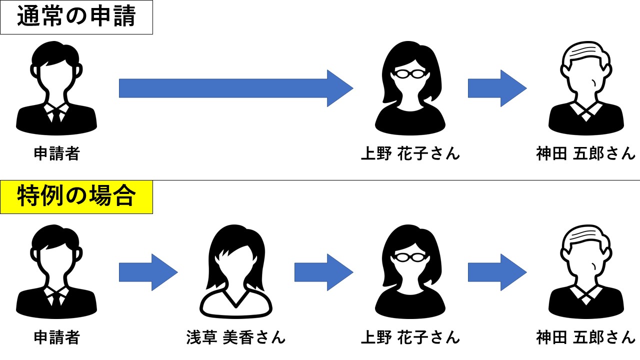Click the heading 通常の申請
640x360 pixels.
click(x=76, y=17)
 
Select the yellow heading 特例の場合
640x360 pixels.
click(x=76, y=196)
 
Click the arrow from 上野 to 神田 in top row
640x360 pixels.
click(x=497, y=88)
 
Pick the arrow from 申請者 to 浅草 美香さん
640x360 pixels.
click(x=148, y=272)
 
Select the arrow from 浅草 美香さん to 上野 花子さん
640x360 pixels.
click(x=323, y=272)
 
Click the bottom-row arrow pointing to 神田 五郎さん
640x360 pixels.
click(x=497, y=272)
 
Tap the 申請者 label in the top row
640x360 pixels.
click(x=56, y=153)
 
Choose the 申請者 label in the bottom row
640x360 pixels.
click(x=56, y=337)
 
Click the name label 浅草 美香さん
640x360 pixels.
click(x=235, y=337)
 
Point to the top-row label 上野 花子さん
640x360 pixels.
click(x=410, y=153)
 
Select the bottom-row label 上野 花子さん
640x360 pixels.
click(x=410, y=337)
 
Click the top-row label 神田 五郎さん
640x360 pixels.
click(x=585, y=153)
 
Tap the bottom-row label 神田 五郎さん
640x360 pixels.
click(x=585, y=337)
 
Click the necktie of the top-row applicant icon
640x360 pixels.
click(x=56, y=115)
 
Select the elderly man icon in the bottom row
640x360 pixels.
click(x=585, y=272)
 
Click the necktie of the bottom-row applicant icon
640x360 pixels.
click(x=56, y=299)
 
